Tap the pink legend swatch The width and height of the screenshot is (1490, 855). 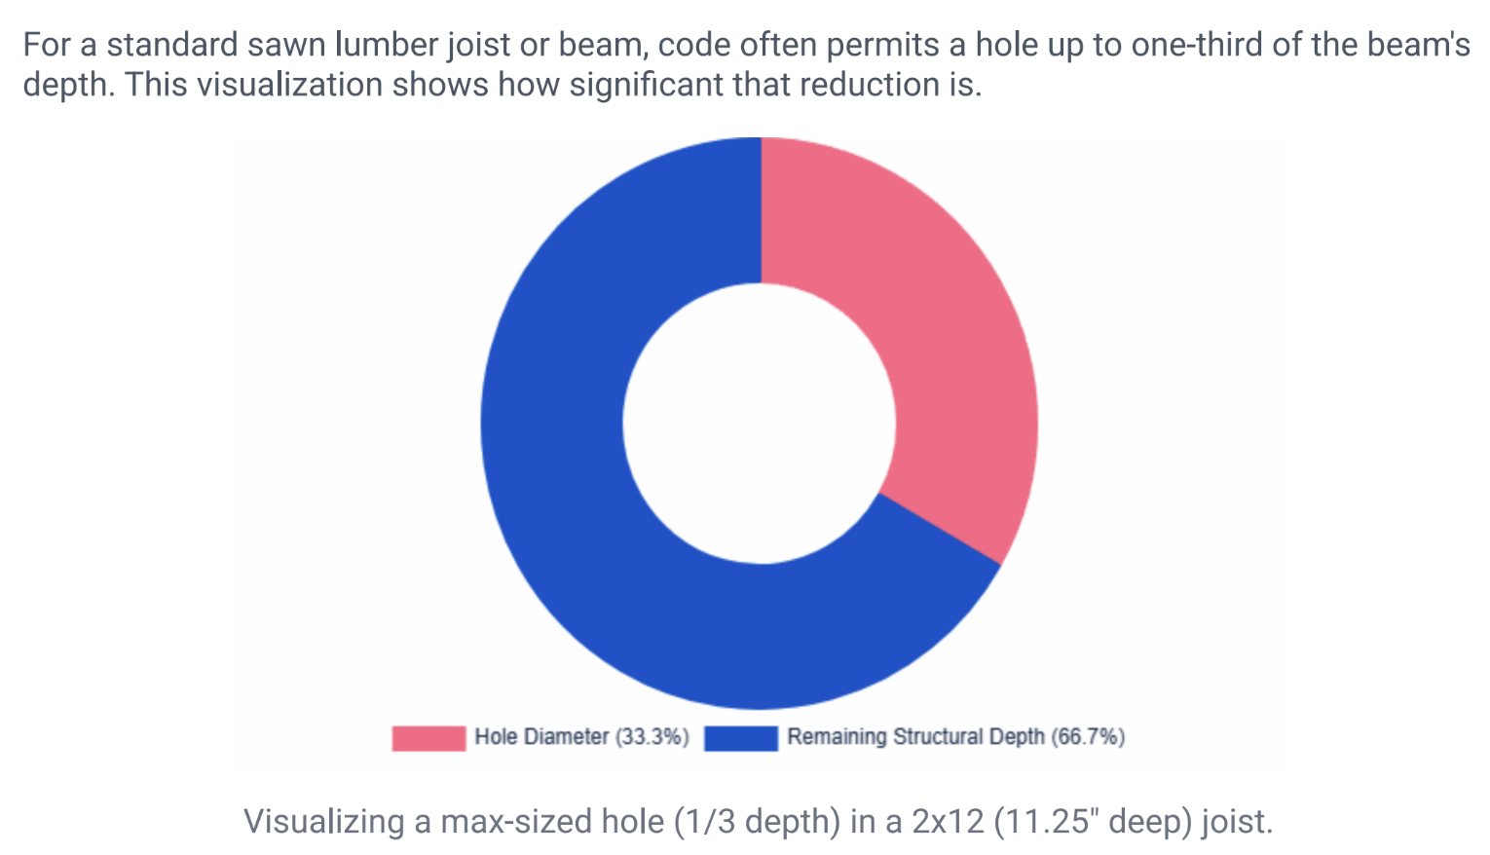[428, 737]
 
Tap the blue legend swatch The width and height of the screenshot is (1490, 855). [741, 737]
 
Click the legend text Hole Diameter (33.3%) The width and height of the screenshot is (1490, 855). [581, 737]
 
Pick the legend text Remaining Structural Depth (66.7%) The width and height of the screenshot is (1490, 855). [955, 737]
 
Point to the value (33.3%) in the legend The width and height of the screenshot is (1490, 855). [652, 737]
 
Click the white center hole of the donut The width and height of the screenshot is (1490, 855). [760, 424]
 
